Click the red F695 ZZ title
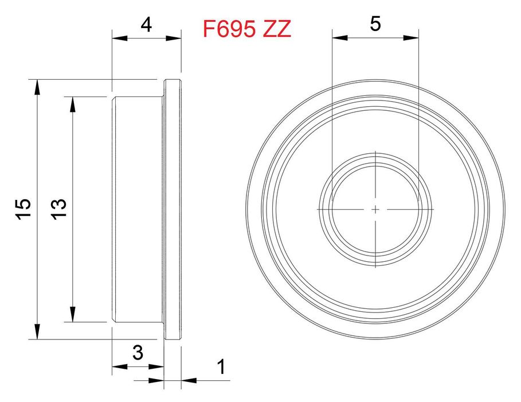247,29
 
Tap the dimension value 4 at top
146,25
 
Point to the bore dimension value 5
375,24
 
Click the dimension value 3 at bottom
138,353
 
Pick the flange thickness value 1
221,366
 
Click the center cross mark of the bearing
375,210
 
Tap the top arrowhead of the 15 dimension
37,86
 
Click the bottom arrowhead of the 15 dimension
37,332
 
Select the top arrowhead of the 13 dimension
73,103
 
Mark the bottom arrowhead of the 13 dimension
73,315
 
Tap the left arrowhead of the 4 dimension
119,38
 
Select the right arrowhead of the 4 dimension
174,38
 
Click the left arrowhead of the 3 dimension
119,366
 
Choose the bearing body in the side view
138,210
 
